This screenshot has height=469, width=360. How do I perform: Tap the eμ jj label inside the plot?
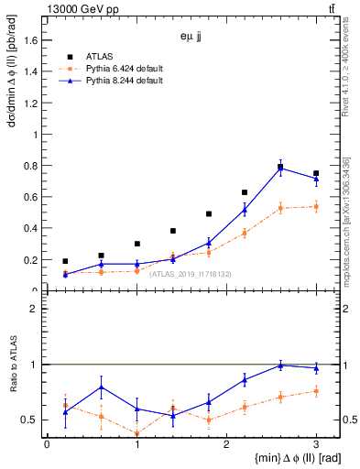pos(192,38)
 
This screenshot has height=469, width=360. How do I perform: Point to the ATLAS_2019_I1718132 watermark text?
pos(191,274)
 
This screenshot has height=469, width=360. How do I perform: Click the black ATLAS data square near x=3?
pos(316,173)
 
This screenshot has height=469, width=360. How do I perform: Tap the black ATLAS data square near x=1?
pos(136,244)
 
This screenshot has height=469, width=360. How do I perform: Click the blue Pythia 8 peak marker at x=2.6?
pos(280,168)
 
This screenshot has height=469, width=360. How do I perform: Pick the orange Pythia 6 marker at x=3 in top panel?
pos(316,207)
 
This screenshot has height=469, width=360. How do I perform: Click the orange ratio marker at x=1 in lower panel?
pos(136,434)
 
